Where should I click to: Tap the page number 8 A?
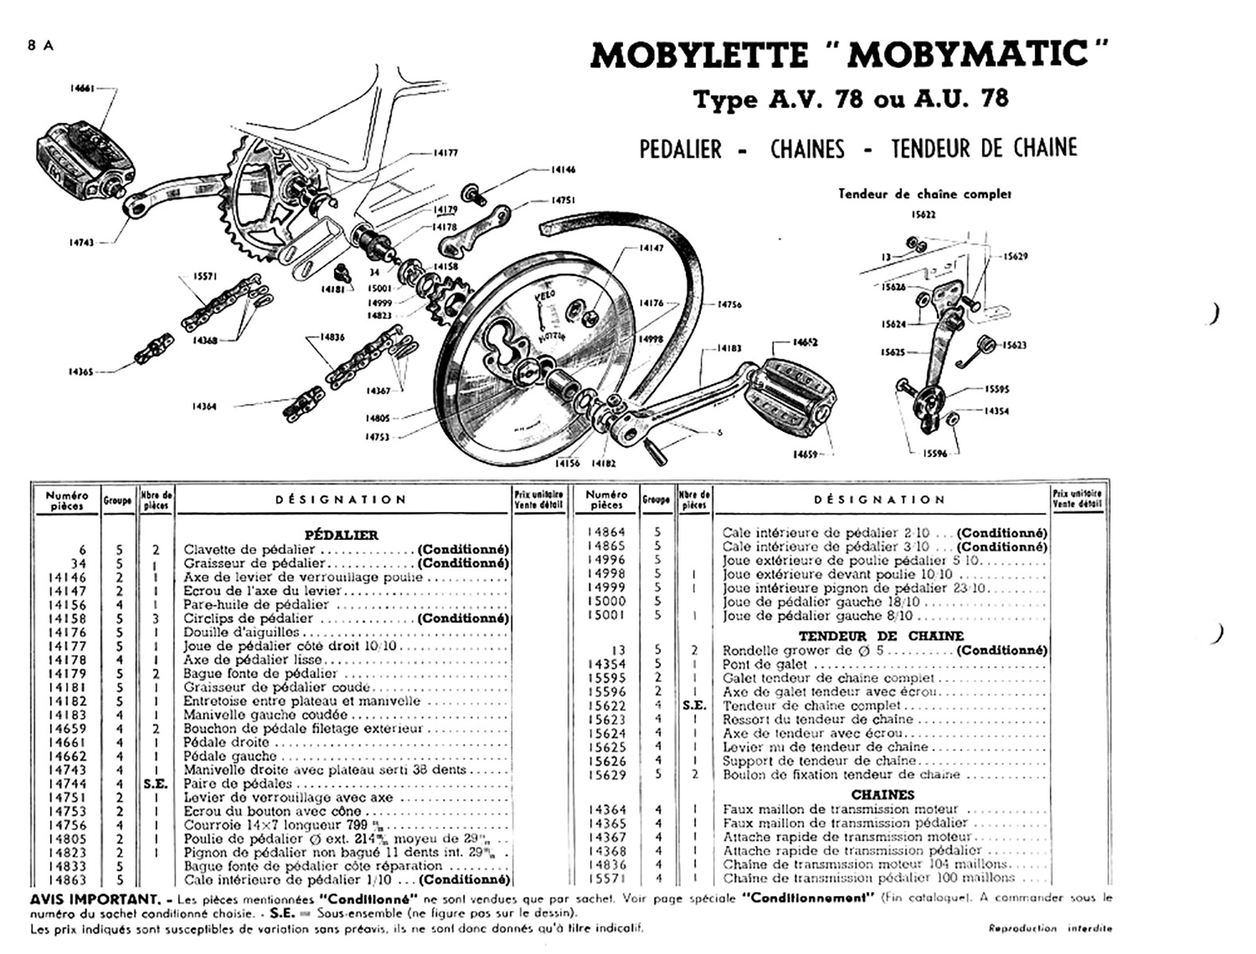pyautogui.click(x=41, y=45)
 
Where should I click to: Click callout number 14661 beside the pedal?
pyautogui.click(x=82, y=88)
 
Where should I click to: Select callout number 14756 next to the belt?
pyautogui.click(x=729, y=304)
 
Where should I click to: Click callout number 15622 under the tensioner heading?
pyautogui.click(x=924, y=215)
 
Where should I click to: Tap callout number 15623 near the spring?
pyautogui.click(x=1014, y=345)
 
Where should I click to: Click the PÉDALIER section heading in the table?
pyautogui.click(x=341, y=535)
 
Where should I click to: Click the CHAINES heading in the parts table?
pyautogui.click(x=883, y=794)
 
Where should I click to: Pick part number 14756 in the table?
pyautogui.click(x=68, y=825)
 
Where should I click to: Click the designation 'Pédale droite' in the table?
pyautogui.click(x=227, y=743)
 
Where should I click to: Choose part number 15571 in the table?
pyautogui.click(x=607, y=878)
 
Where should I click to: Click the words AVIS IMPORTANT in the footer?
pyautogui.click(x=93, y=898)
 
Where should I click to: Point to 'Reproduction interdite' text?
pyautogui.click(x=1049, y=928)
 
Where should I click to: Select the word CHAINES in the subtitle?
pyautogui.click(x=807, y=149)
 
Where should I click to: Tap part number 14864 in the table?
pyautogui.click(x=607, y=532)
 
